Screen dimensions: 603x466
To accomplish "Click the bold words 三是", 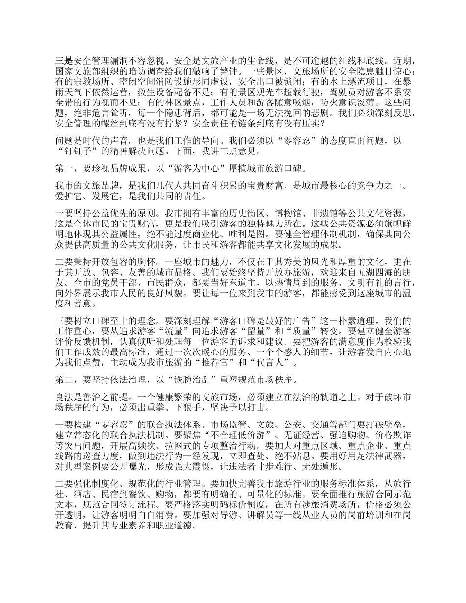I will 64,62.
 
